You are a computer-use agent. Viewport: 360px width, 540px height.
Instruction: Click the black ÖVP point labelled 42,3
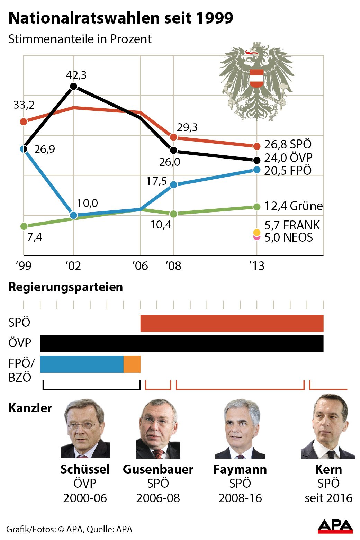[x=73, y=86]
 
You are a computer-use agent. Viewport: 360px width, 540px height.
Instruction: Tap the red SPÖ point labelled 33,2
[x=24, y=121]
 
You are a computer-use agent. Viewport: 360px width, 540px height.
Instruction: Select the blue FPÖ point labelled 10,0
[x=73, y=215]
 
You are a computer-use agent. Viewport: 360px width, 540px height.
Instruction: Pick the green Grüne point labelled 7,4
[x=24, y=226]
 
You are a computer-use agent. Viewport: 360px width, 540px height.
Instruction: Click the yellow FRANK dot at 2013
[x=256, y=232]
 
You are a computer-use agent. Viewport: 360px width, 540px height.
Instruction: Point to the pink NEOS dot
[x=256, y=238]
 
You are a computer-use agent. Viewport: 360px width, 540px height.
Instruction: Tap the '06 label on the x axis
[x=140, y=266]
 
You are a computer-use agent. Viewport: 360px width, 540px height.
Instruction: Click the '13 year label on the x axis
[x=256, y=266]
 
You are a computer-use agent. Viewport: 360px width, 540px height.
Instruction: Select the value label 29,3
[x=187, y=127]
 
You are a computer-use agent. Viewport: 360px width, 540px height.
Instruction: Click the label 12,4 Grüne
[x=293, y=206]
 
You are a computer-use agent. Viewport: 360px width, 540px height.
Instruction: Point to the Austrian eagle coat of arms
[x=256, y=81]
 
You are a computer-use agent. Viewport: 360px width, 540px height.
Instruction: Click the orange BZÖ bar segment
[x=132, y=364]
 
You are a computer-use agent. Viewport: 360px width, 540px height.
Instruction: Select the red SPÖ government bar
[x=232, y=323]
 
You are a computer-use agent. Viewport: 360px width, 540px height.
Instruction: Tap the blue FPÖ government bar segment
[x=82, y=364]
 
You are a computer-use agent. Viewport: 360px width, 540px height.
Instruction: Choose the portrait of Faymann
[x=240, y=429]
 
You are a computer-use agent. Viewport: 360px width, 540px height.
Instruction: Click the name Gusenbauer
[x=158, y=469]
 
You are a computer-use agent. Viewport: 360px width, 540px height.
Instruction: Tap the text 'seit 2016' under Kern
[x=328, y=498]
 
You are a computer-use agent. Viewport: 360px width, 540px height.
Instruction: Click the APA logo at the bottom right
[x=335, y=526]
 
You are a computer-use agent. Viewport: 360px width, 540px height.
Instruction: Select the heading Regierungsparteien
[x=65, y=287]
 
